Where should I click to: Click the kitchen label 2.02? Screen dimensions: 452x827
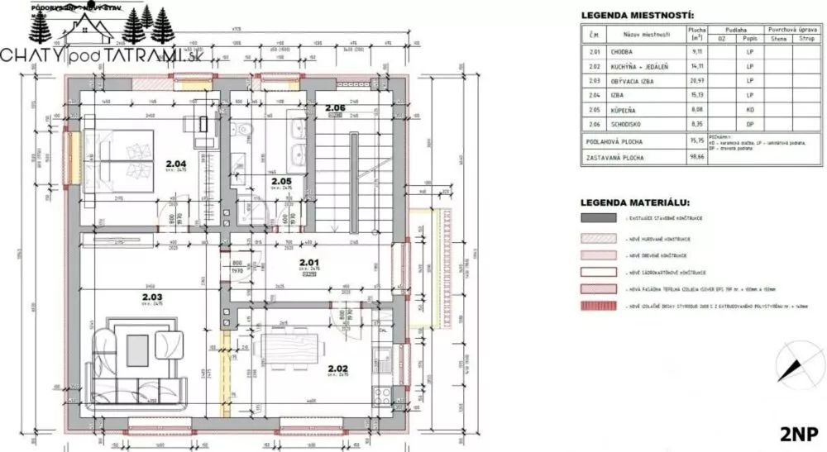click(338, 369)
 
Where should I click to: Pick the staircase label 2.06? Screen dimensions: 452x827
click(335, 108)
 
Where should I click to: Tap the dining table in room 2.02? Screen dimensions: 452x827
click(297, 340)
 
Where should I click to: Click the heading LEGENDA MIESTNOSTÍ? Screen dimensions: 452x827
click(637, 15)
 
